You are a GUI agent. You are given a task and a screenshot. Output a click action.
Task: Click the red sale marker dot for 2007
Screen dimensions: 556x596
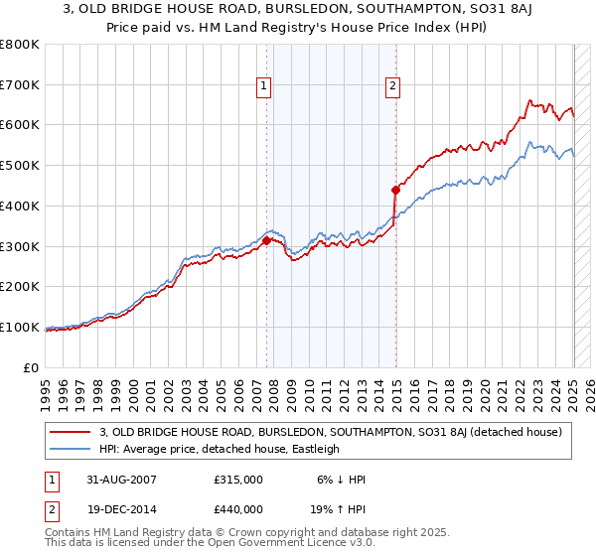[x=266, y=239]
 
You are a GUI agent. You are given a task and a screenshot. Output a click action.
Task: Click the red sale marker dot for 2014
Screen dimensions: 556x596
[x=395, y=189]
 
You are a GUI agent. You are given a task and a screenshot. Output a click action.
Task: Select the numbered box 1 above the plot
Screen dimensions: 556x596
[x=264, y=86]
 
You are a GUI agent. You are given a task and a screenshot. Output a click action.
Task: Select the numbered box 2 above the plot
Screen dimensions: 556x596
[x=393, y=86]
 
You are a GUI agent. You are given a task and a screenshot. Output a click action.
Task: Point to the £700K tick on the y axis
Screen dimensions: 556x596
[x=20, y=84]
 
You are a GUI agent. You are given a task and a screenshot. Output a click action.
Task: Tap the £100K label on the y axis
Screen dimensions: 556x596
[x=20, y=327]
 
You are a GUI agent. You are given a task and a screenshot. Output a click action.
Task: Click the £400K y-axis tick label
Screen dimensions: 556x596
[x=20, y=206]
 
